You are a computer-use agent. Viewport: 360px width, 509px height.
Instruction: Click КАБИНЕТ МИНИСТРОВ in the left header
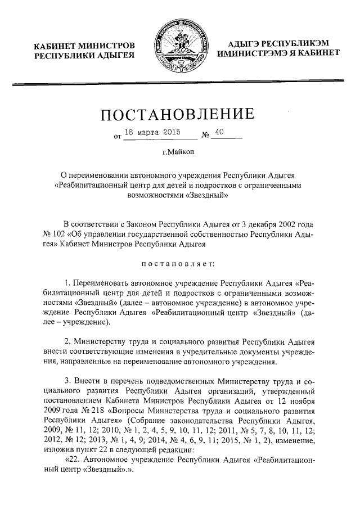84,45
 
